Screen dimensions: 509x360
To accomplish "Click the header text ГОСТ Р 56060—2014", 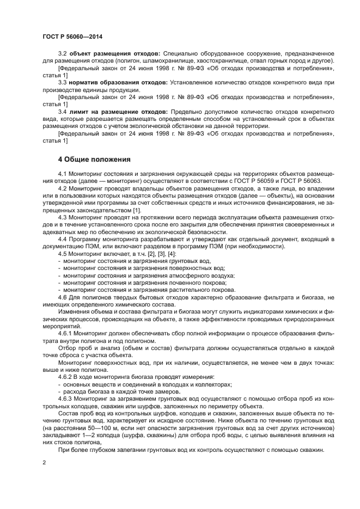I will click(72, 36).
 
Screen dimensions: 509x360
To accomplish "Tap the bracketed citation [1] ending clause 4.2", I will click(137, 210).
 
